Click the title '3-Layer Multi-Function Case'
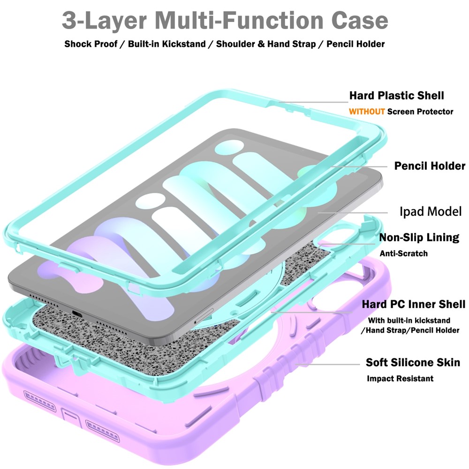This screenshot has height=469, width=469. tap(225, 21)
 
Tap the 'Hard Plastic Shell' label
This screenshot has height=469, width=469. tap(396, 96)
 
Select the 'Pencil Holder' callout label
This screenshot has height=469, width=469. tap(430, 166)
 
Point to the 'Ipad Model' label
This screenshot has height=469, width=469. tap(431, 211)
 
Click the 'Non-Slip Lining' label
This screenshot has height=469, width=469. tap(419, 237)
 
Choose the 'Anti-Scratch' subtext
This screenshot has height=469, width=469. tap(403, 253)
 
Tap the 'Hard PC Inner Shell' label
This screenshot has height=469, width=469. tap(413, 304)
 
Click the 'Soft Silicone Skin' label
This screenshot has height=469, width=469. tap(413, 363)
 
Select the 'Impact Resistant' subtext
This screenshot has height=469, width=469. tap(400, 378)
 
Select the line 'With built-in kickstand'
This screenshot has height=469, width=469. tap(409, 320)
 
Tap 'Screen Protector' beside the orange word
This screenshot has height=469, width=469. tap(420, 112)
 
